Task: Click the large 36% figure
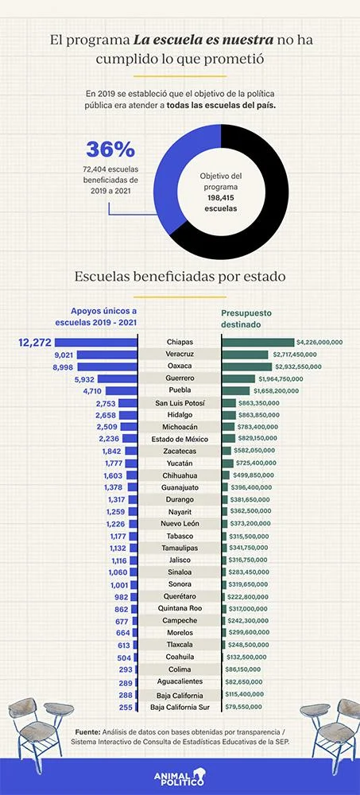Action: tap(110, 149)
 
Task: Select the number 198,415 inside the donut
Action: tap(221, 197)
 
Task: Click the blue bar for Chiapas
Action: tap(96, 342)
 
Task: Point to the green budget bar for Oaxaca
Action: tap(247, 366)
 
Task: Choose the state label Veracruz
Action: tap(180, 354)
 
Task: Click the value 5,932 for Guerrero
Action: tap(85, 378)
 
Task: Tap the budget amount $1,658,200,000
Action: tap(276, 391)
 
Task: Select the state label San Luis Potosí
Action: tap(180, 403)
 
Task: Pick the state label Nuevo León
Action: tap(180, 524)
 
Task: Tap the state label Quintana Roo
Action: tap(180, 608)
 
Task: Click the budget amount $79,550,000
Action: tap(243, 707)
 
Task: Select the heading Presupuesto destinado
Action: tap(246, 318)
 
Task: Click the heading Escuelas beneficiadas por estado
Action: tap(180, 277)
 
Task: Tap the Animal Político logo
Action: tap(180, 776)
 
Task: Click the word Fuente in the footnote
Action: tap(87, 732)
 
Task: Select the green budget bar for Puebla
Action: tap(236, 390)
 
